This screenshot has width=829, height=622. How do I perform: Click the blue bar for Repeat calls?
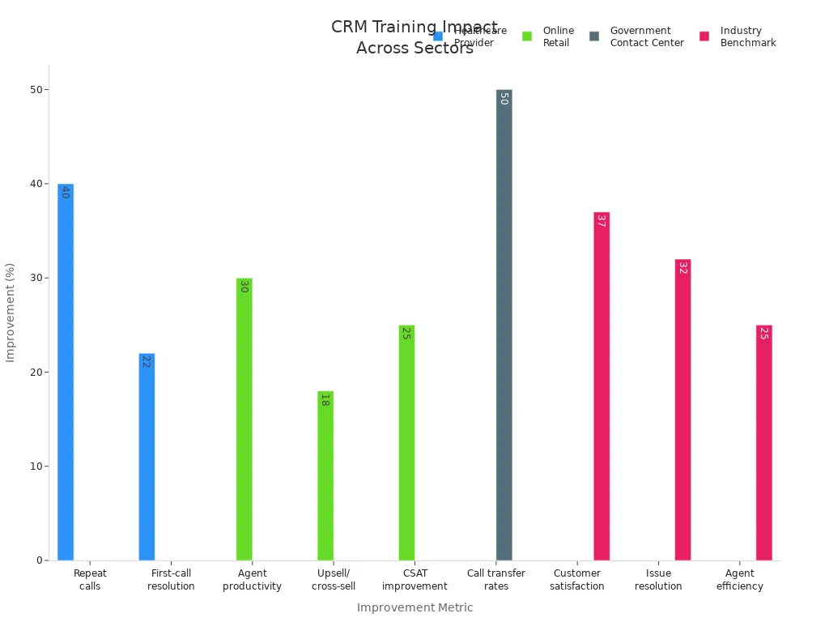click(x=66, y=373)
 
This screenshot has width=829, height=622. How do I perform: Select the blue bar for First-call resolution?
click(x=147, y=457)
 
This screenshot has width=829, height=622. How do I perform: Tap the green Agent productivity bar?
click(x=244, y=420)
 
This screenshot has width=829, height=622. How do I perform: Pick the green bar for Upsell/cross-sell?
click(x=325, y=476)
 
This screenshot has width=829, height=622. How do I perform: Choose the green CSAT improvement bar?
click(x=406, y=443)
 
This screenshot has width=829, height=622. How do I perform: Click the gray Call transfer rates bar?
click(x=504, y=325)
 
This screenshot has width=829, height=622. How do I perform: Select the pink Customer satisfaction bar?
click(x=602, y=386)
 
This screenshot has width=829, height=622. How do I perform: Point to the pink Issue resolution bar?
click(x=682, y=410)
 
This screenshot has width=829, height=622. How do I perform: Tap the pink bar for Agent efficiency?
click(x=764, y=443)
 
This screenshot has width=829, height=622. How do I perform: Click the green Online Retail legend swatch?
click(x=527, y=36)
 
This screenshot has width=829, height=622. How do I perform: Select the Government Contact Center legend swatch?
click(x=594, y=36)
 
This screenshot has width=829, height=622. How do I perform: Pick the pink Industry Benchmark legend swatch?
click(x=704, y=36)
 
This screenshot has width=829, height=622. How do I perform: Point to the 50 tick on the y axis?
click(x=36, y=90)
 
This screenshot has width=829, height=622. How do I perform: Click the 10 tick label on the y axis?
click(x=36, y=466)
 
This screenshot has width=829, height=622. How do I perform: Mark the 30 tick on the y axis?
click(x=36, y=278)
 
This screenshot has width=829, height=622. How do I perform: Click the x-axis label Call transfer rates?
click(x=496, y=580)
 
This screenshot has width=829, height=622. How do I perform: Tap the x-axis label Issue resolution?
click(x=658, y=580)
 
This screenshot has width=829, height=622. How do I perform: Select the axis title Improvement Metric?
click(x=414, y=607)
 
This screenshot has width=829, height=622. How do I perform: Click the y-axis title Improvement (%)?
click(x=11, y=312)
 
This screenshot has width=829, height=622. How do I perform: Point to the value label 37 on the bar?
click(x=601, y=220)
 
